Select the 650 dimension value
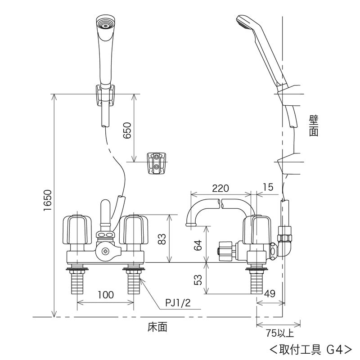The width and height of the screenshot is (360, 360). click(127, 130)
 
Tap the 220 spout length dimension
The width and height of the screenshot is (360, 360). click(220, 188)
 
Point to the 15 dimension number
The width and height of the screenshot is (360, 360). click(268, 187)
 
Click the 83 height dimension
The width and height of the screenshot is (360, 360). click(162, 239)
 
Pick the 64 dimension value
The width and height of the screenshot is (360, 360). click(198, 245)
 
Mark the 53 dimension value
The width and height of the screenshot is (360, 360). click(198, 279)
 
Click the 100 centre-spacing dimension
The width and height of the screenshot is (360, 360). click(106, 295)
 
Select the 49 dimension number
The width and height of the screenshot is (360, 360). click(270, 293)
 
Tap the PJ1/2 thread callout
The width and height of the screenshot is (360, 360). click(178, 303)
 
